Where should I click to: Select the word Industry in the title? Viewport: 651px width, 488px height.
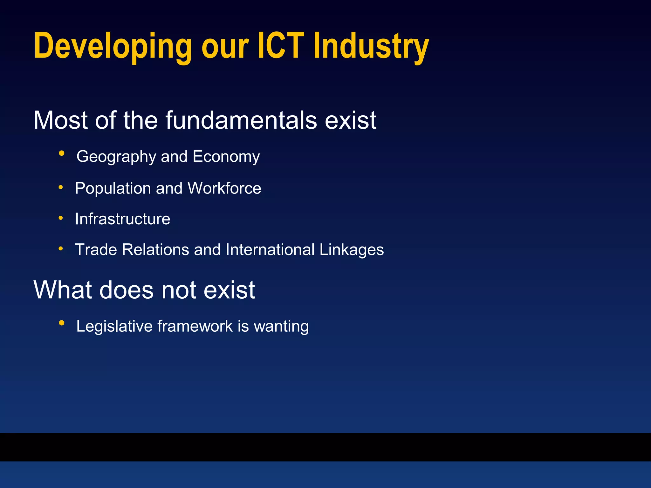(x=371, y=47)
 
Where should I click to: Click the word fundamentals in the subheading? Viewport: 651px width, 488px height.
(x=241, y=120)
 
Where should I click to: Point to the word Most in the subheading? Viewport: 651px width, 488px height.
(x=60, y=120)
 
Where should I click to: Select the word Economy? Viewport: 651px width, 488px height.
(x=226, y=157)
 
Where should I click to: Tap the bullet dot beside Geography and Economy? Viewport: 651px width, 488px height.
(x=62, y=154)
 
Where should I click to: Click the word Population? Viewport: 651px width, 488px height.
(x=113, y=188)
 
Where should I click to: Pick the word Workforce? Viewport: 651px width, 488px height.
(x=224, y=188)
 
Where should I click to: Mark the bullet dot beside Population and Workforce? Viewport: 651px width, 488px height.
(x=61, y=187)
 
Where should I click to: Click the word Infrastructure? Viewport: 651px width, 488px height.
(x=123, y=219)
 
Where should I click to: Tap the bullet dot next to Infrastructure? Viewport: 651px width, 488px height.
(x=61, y=218)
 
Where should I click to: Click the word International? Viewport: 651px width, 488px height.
(x=270, y=250)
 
